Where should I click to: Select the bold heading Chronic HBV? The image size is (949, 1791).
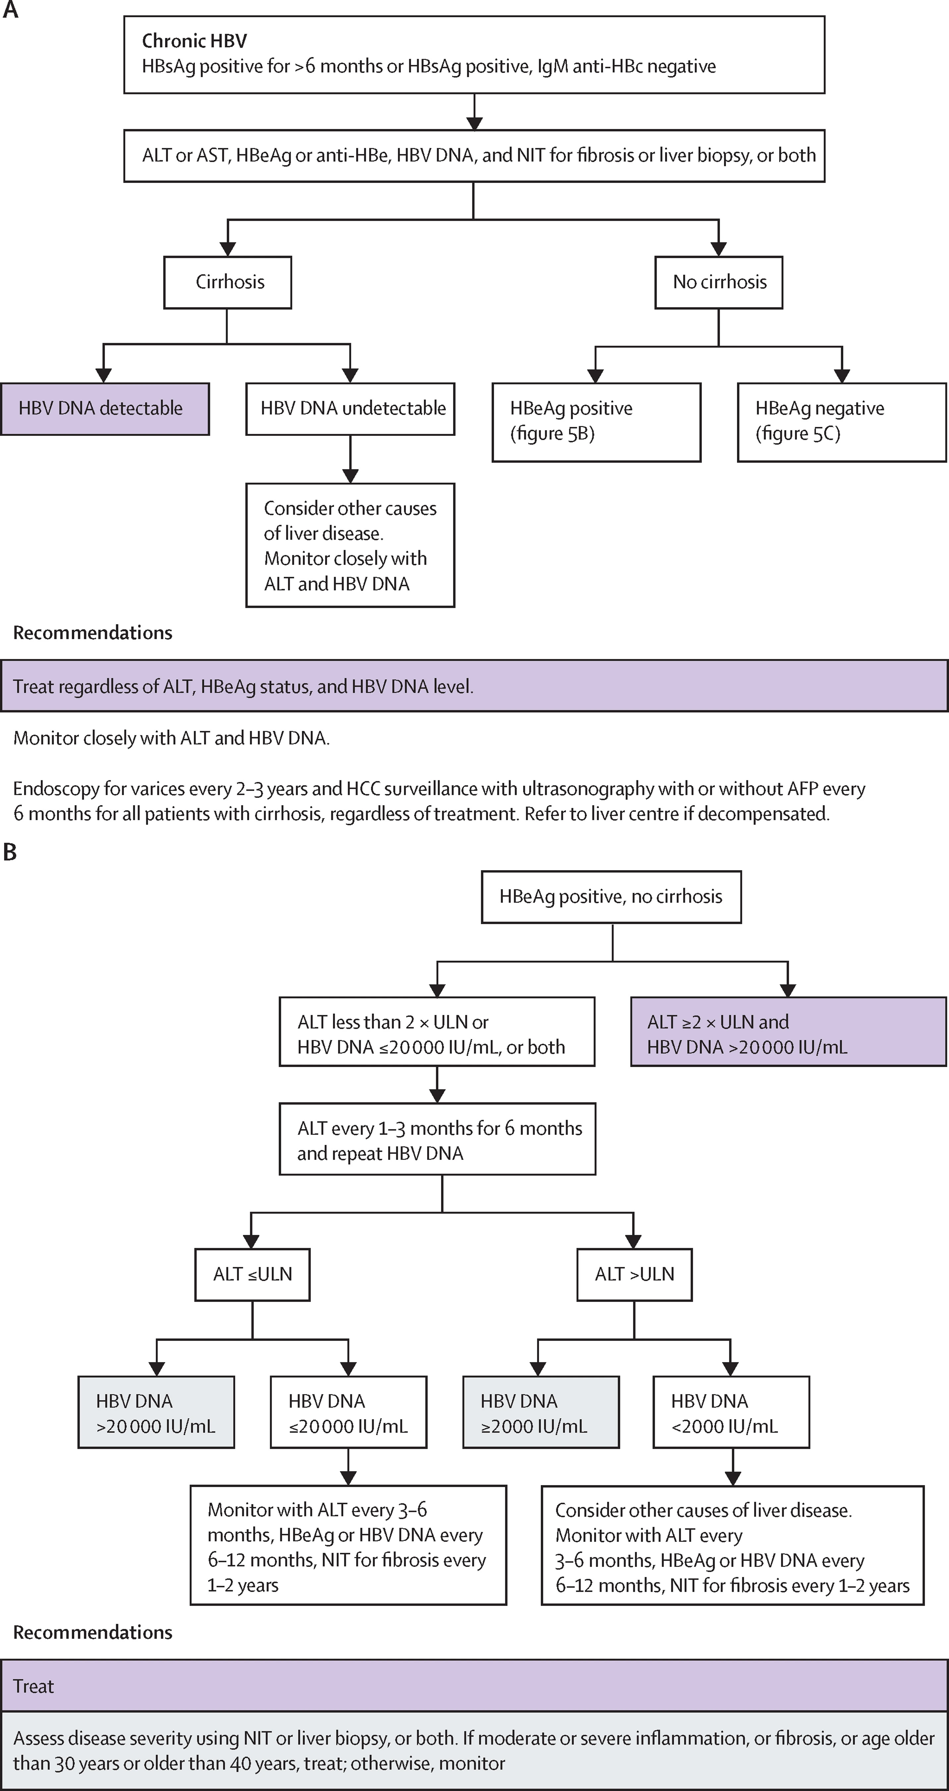[x=194, y=41]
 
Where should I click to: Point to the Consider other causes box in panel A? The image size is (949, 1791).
[x=350, y=545]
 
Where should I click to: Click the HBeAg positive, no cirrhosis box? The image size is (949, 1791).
[x=611, y=897]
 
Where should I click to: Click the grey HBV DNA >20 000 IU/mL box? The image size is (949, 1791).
[x=156, y=1412]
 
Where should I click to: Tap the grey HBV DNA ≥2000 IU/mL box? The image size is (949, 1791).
[x=541, y=1412]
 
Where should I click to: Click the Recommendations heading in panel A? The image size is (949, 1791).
[x=92, y=633]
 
